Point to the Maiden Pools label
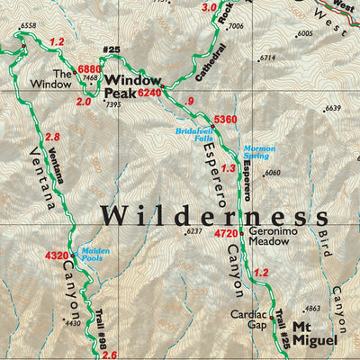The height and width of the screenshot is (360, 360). [95, 255]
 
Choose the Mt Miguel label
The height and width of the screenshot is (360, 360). [314, 334]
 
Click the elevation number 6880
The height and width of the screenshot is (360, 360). [90, 69]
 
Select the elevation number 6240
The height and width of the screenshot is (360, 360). [150, 93]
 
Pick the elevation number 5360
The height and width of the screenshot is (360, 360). [224, 120]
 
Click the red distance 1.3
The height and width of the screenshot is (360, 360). [228, 168]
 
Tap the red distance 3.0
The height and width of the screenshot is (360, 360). [210, 7]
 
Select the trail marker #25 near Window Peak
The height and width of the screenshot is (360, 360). [112, 50]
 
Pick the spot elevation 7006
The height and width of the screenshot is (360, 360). [236, 27]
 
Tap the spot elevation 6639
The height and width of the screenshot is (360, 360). [334, 108]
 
